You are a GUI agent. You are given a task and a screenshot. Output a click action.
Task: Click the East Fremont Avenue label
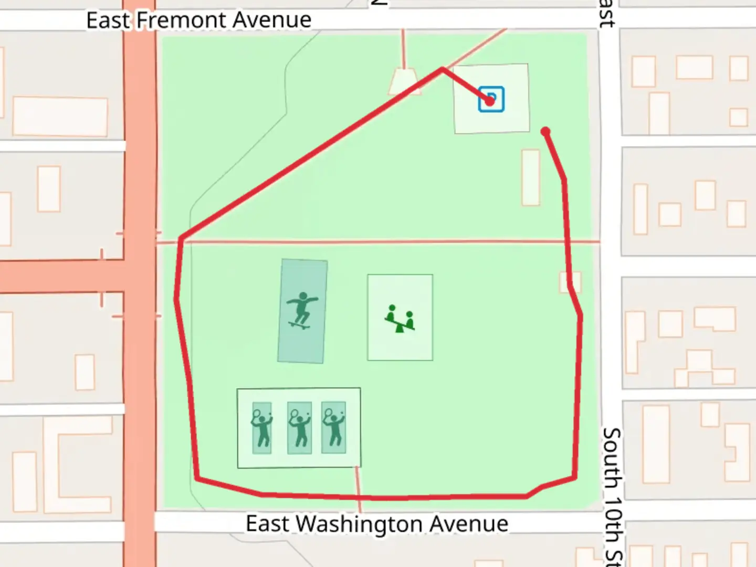[198, 20]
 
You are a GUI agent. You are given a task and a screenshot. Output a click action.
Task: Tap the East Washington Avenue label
[377, 523]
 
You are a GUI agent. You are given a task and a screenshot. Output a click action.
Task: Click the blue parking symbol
[491, 99]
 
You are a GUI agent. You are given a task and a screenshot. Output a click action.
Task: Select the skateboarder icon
[302, 310]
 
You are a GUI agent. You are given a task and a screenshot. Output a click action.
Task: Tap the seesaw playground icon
[400, 318]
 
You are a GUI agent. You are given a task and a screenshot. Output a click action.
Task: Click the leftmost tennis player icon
[261, 428]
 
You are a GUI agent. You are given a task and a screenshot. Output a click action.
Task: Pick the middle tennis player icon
[300, 428]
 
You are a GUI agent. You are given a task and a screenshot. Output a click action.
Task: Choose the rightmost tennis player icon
[334, 427]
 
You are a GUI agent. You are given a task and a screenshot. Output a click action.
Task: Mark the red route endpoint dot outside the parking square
[545, 131]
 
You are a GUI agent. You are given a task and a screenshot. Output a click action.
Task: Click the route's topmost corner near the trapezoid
[443, 69]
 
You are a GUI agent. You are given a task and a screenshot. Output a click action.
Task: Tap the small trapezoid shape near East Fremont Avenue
[404, 82]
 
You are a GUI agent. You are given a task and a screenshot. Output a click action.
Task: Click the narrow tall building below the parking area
[531, 177]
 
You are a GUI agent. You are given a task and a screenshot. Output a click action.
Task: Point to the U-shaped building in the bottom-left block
[79, 465]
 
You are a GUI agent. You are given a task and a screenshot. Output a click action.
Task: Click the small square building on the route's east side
[570, 281]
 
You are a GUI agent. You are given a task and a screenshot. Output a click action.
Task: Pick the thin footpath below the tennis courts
[359, 488]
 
